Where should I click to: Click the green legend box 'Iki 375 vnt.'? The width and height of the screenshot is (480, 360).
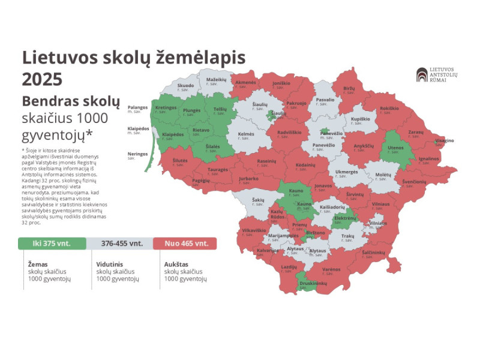52,244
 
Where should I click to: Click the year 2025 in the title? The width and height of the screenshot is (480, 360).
41,79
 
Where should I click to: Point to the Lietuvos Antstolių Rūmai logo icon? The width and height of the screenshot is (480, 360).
422,75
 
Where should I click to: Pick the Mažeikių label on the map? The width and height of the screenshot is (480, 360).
216,80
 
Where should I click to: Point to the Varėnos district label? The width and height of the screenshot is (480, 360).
331,270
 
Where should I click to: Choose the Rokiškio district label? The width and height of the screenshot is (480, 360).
389,109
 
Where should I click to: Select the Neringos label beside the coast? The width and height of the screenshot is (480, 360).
137,154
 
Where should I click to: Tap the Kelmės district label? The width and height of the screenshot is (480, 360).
246,134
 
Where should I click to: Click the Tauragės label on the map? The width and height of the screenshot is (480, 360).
218,170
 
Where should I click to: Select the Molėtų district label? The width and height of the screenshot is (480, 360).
383,175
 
